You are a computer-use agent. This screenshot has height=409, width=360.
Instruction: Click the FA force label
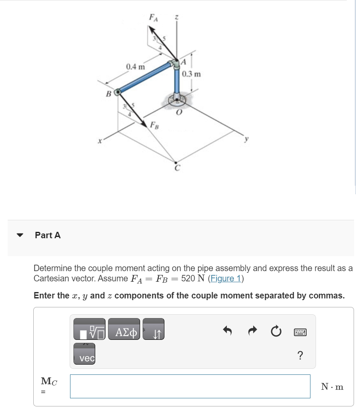click(152, 18)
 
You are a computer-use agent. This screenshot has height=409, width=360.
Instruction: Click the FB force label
click(154, 125)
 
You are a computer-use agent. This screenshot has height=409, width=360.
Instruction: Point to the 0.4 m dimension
click(135, 67)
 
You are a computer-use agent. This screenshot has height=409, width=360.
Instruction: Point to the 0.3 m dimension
click(191, 74)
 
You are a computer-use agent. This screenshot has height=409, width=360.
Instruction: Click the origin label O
click(179, 113)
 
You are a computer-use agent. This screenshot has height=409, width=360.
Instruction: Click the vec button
click(87, 358)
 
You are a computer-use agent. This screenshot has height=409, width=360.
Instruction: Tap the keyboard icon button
click(300, 331)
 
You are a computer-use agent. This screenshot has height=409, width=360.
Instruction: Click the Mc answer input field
click(190, 386)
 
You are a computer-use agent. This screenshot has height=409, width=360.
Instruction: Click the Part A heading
click(48, 235)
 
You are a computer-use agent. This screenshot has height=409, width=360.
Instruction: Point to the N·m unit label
click(332, 387)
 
